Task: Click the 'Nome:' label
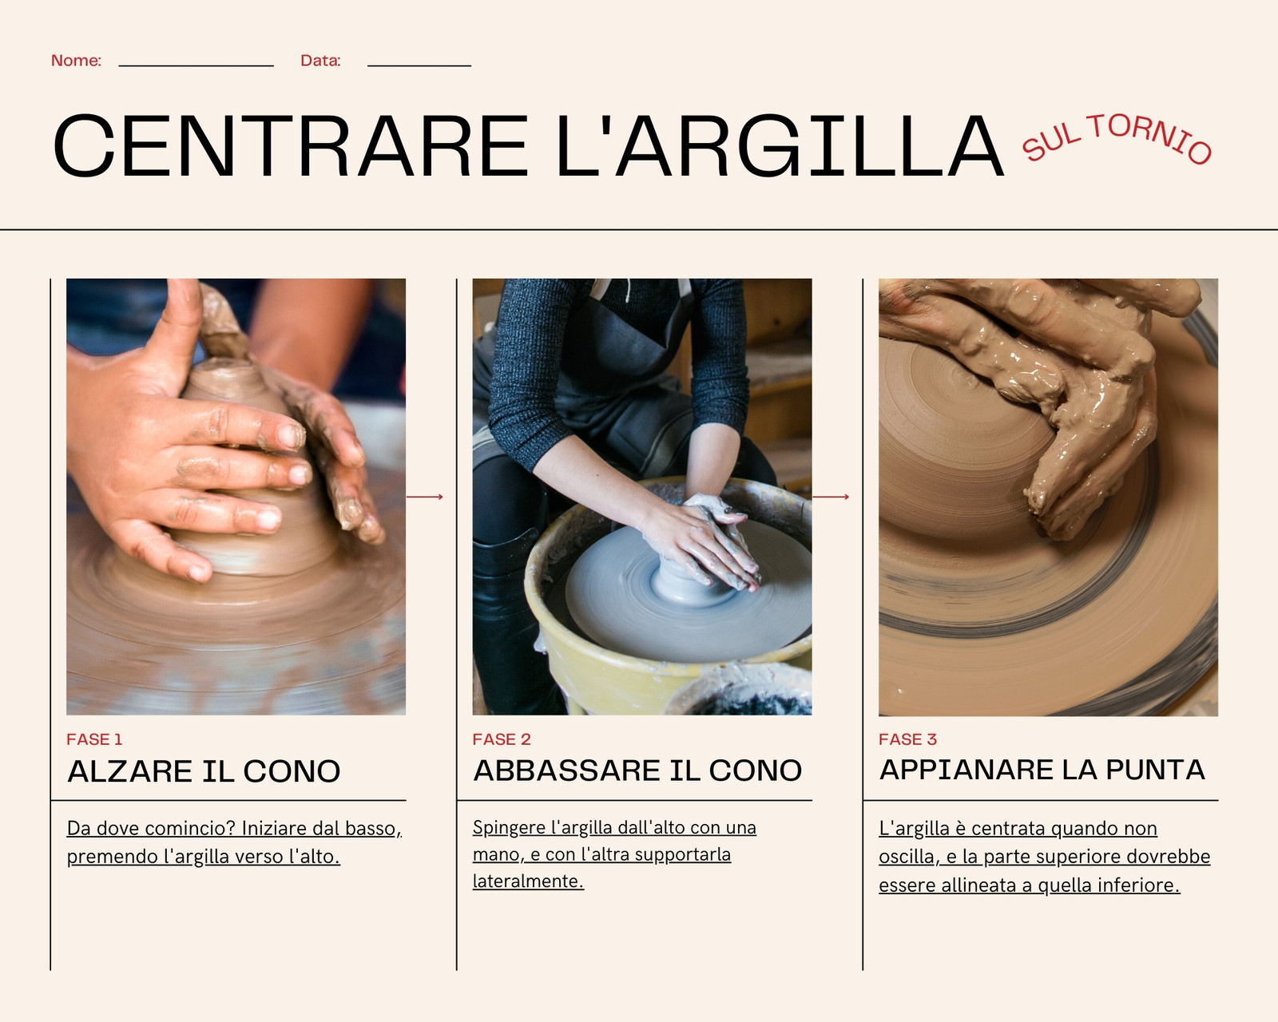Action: [76, 61]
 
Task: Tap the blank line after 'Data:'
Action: [419, 65]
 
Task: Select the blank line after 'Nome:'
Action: [196, 65]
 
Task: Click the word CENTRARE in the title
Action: [291, 146]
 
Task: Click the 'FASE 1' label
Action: [94, 739]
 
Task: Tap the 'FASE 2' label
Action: [502, 739]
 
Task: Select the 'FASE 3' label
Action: [908, 739]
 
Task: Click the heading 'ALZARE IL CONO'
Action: [204, 771]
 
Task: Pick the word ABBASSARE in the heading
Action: [566, 770]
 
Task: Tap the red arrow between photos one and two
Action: [425, 497]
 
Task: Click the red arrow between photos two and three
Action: [831, 497]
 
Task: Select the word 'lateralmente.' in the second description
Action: [529, 881]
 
